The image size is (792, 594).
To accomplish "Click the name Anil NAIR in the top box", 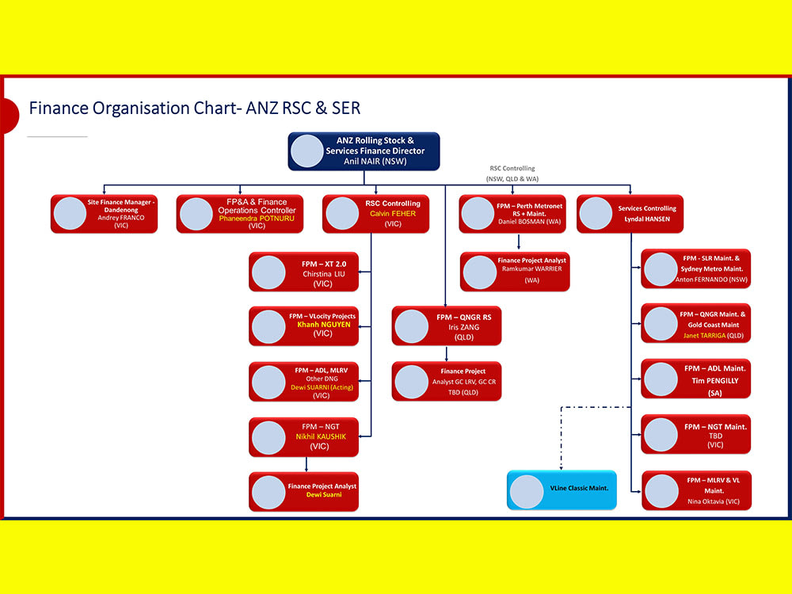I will pos(374,161).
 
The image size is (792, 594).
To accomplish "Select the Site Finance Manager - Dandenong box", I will pos(104,214).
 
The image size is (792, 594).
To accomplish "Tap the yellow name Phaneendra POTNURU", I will pos(257,218).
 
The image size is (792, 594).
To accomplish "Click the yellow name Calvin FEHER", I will pos(393,214).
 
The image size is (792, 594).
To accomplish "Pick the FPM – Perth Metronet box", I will pos(512,214).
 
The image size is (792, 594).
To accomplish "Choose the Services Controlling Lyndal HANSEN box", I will pos(630,214).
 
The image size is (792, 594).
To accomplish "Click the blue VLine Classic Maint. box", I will pos(562,489).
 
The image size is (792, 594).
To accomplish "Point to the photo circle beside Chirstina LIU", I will pos(268,272).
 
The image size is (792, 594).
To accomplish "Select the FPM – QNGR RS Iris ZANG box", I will pos(447,326).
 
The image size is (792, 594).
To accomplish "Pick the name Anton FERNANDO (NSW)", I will pos(711,280).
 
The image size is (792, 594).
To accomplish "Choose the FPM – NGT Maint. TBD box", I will pos(695,435).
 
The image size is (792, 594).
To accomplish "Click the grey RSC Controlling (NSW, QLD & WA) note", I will pos(512,173).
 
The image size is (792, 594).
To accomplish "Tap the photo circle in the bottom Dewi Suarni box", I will pos(268,492).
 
